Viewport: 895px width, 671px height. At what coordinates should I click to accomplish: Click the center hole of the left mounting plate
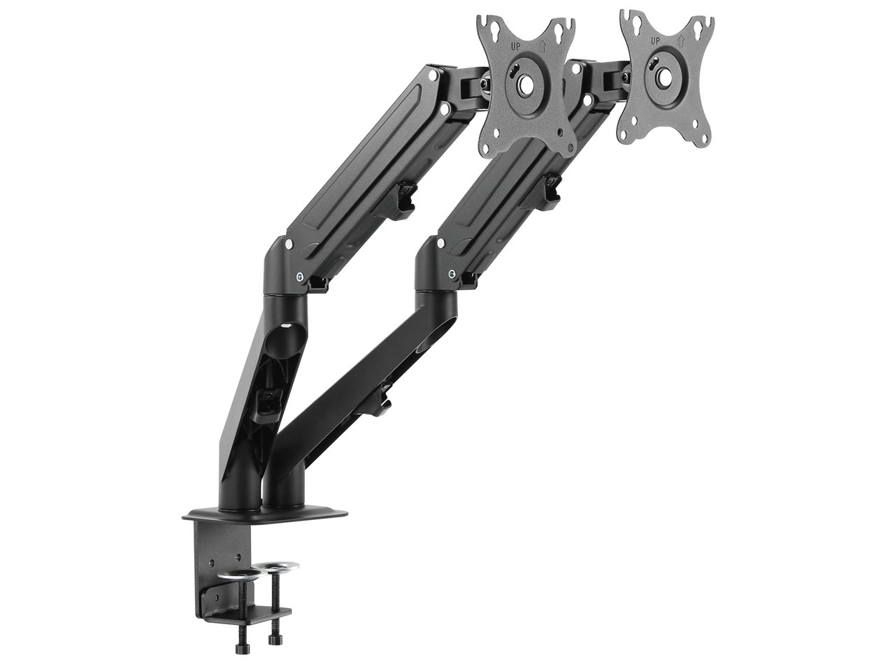(x=524, y=81)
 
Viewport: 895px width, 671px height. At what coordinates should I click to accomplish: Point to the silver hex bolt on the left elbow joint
(x=301, y=277)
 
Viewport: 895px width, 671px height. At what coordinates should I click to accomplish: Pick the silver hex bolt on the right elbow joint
(x=455, y=273)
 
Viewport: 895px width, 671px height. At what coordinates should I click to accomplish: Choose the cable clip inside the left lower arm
(x=268, y=401)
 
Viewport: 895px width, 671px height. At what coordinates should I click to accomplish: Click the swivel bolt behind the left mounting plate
(x=482, y=85)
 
